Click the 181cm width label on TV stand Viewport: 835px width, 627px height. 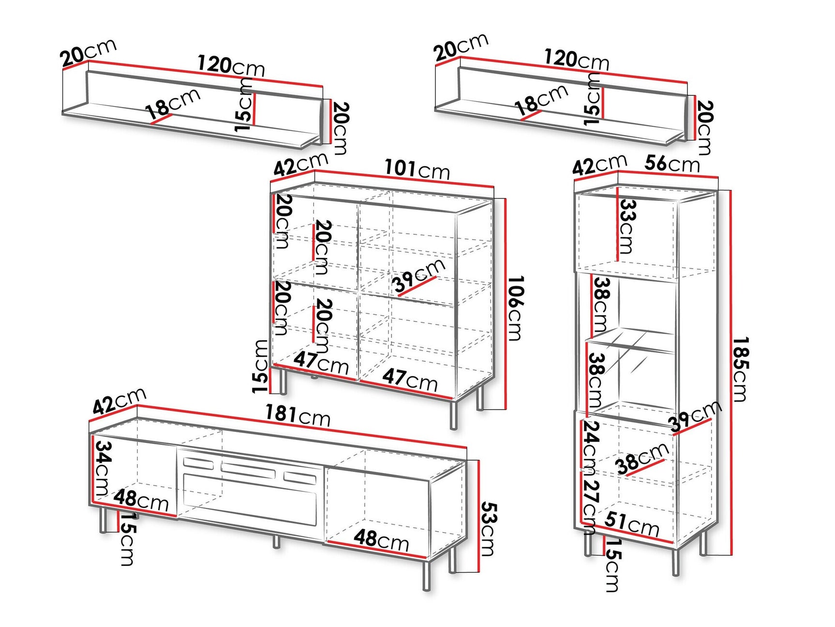tap(297, 415)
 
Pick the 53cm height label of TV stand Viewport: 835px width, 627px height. tap(489, 529)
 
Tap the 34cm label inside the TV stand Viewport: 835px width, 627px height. tap(103, 468)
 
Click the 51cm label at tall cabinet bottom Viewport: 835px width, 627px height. tap(631, 524)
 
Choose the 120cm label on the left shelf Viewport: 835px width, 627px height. tap(231, 65)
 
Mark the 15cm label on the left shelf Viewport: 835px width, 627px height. tap(244, 105)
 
